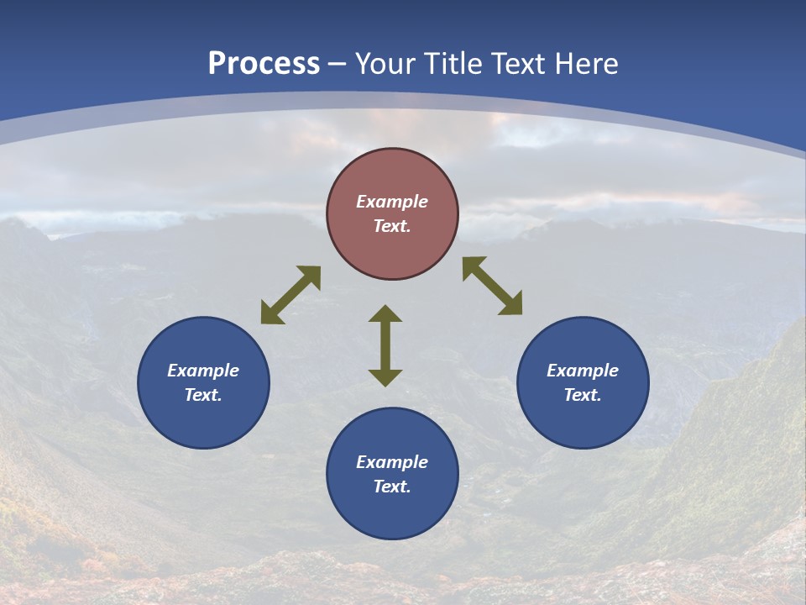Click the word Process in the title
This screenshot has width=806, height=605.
(264, 64)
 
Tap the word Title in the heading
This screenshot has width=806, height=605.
(455, 64)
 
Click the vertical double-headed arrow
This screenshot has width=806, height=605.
(385, 345)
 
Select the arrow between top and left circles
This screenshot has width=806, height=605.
(290, 295)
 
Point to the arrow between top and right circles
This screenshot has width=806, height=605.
(493, 286)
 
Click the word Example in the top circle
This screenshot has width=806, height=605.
(392, 202)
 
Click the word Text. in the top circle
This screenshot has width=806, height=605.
(392, 226)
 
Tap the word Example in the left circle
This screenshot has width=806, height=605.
(203, 371)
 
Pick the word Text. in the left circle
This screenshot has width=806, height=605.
(203, 395)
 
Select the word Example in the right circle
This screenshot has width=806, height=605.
(583, 371)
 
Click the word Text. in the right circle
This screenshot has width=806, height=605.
(583, 395)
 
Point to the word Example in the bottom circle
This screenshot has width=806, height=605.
(392, 462)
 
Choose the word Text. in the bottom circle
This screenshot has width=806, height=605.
(392, 487)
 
